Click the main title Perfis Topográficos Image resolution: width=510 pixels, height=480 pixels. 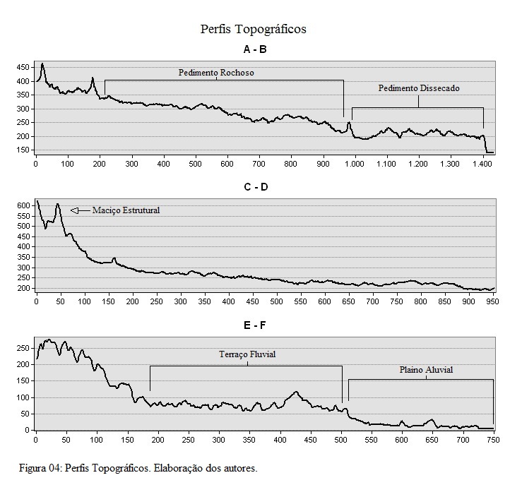pyautogui.click(x=253, y=29)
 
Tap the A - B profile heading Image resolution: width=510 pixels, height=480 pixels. pyautogui.click(x=255, y=49)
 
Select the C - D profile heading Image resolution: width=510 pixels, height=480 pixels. pyautogui.click(x=256, y=187)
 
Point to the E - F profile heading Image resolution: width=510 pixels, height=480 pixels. pyautogui.click(x=255, y=325)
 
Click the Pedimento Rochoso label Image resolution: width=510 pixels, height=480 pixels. pyautogui.click(x=216, y=73)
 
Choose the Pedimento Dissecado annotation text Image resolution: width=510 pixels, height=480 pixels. pyautogui.click(x=419, y=88)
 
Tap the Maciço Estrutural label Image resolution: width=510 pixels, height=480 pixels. pyautogui.click(x=126, y=210)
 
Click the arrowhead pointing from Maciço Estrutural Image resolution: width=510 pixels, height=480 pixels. pyautogui.click(x=74, y=210)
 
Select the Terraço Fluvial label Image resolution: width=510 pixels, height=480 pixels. pyautogui.click(x=247, y=354)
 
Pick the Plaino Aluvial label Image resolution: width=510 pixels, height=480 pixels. pyautogui.click(x=426, y=370)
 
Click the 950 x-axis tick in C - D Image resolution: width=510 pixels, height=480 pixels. pyautogui.click(x=492, y=302)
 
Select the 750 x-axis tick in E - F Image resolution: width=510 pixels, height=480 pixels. pyautogui.click(x=494, y=440)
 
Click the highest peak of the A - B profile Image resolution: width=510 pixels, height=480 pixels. pyautogui.click(x=42, y=64)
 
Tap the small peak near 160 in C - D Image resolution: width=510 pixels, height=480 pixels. pyautogui.click(x=114, y=258)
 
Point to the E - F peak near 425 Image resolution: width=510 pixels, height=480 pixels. pyautogui.click(x=296, y=392)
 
